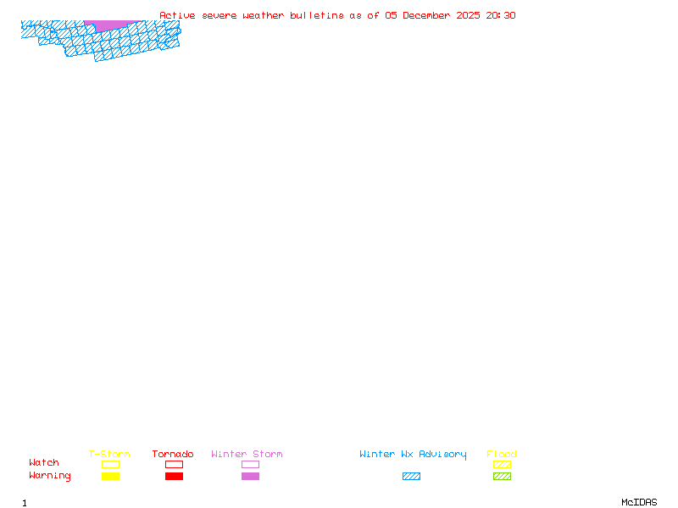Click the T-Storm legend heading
pyautogui.click(x=109, y=455)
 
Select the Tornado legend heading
pyautogui.click(x=173, y=455)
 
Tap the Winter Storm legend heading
pyautogui.click(x=247, y=455)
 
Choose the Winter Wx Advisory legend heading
pyautogui.click(x=413, y=455)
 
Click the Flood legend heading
pyautogui.click(x=502, y=455)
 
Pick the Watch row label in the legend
pyautogui.click(x=44, y=463)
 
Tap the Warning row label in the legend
pyautogui.click(x=49, y=476)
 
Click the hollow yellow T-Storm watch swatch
pyautogui.click(x=110, y=464)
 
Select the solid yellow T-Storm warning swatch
pyautogui.click(x=110, y=477)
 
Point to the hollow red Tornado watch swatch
pyautogui.click(x=174, y=464)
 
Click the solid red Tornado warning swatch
pyautogui.click(x=174, y=477)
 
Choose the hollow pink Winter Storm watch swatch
pyautogui.click(x=250, y=464)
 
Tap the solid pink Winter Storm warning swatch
pyautogui.click(x=250, y=477)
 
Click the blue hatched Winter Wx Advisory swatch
pyautogui.click(x=411, y=477)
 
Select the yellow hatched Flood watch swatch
pyautogui.click(x=502, y=464)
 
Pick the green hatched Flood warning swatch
pyautogui.click(x=502, y=477)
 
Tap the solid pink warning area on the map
pyautogui.click(x=110, y=25)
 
